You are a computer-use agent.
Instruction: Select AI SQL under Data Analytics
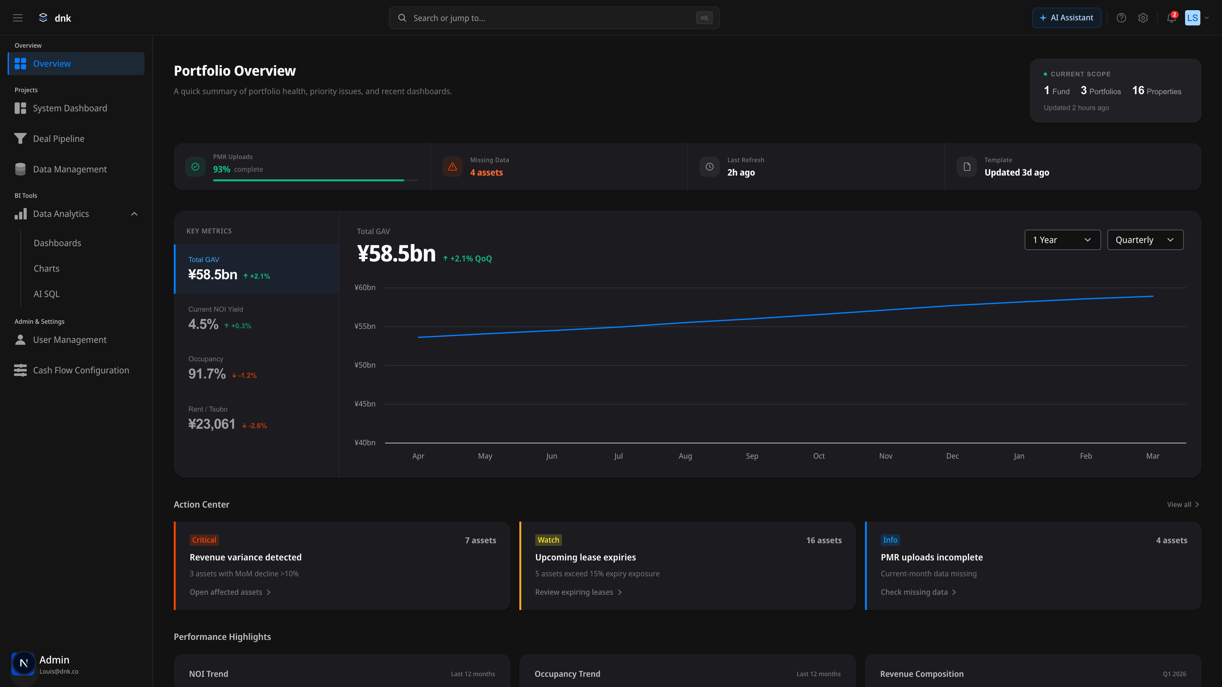point(46,294)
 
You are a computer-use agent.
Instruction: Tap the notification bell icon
point(1171,18)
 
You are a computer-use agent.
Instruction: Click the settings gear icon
point(1143,18)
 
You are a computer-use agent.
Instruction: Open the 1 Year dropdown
point(1062,240)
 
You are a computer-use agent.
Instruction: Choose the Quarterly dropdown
point(1145,240)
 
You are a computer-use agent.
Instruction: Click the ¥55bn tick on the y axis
point(365,326)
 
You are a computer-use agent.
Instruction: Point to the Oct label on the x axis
point(819,456)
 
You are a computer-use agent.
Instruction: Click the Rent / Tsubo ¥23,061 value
point(212,424)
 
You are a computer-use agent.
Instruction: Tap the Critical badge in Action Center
point(204,540)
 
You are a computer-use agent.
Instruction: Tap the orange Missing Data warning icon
point(452,167)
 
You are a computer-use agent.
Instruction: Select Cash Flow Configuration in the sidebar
point(81,370)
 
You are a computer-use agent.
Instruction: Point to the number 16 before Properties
point(1138,91)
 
